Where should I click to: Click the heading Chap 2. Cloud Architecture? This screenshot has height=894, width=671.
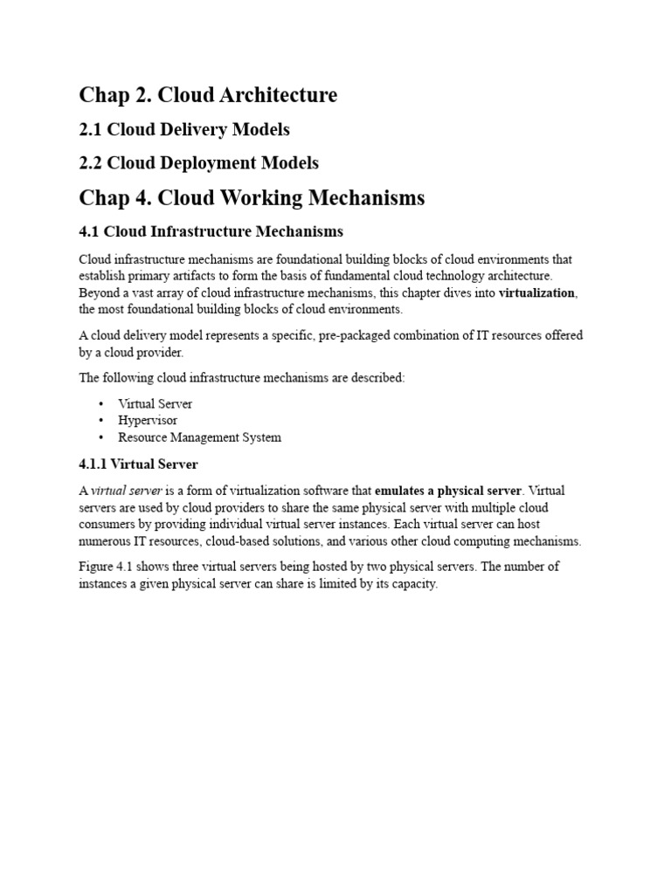point(208,95)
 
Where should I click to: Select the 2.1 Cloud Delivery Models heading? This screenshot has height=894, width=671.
point(184,130)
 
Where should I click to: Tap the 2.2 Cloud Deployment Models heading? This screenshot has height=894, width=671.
point(198,163)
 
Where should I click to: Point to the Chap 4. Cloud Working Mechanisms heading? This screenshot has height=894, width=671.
point(252,198)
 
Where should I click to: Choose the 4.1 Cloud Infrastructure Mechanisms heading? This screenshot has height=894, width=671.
point(211,232)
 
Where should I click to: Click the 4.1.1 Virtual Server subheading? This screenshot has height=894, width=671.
point(138,464)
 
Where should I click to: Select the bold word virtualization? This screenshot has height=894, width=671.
point(536,293)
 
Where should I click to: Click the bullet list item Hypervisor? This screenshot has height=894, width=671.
point(148,421)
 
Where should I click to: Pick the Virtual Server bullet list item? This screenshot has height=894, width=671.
point(156,404)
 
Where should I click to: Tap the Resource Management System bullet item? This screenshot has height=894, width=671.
point(200,437)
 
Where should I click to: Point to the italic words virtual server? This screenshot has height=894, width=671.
point(127,491)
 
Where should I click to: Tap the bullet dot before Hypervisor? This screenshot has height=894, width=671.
point(101,421)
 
